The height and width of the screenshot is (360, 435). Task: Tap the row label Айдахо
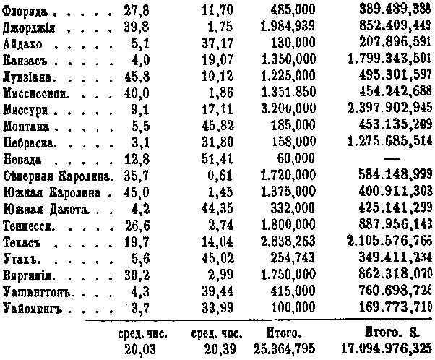[x=23, y=43]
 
